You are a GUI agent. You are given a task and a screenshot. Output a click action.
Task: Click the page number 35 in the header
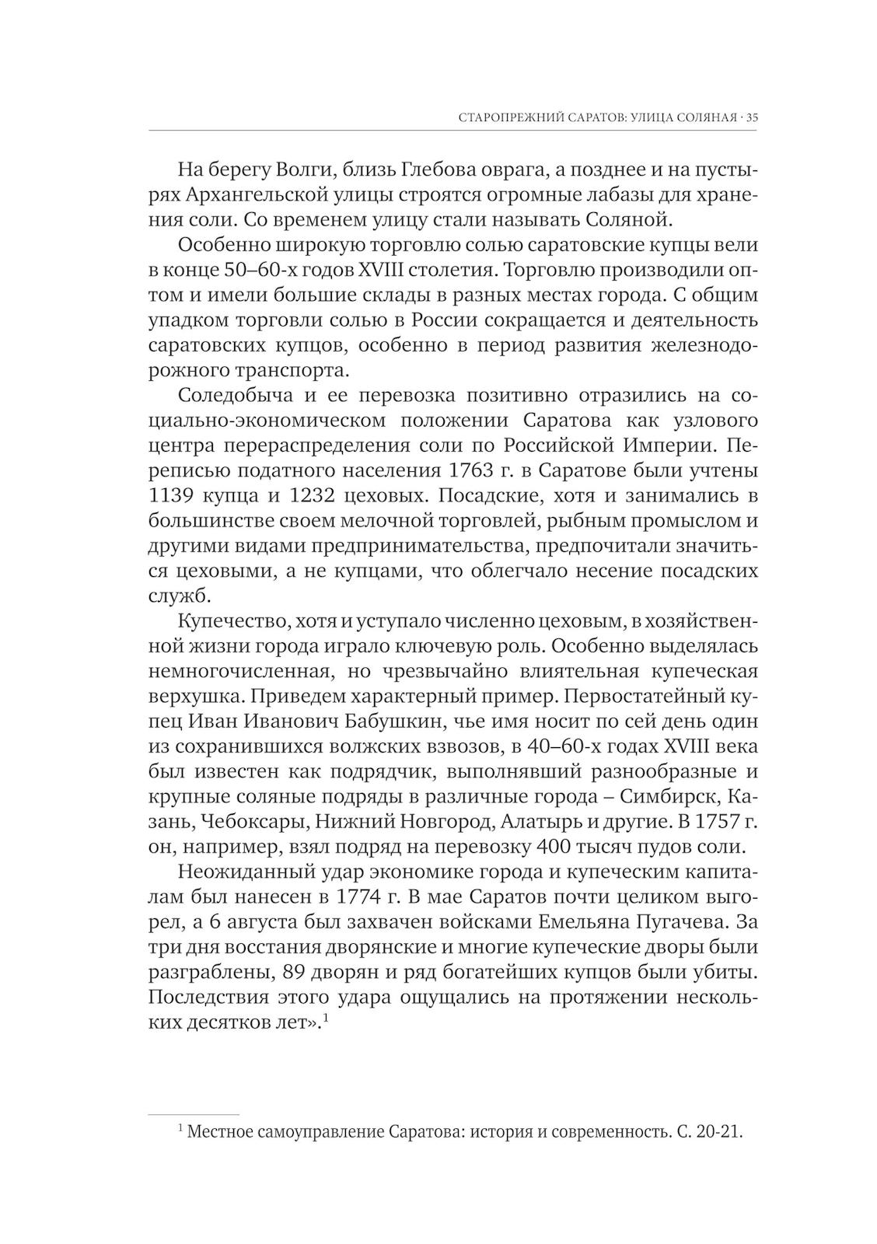752,118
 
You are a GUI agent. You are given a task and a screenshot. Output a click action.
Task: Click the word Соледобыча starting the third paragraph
235,395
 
